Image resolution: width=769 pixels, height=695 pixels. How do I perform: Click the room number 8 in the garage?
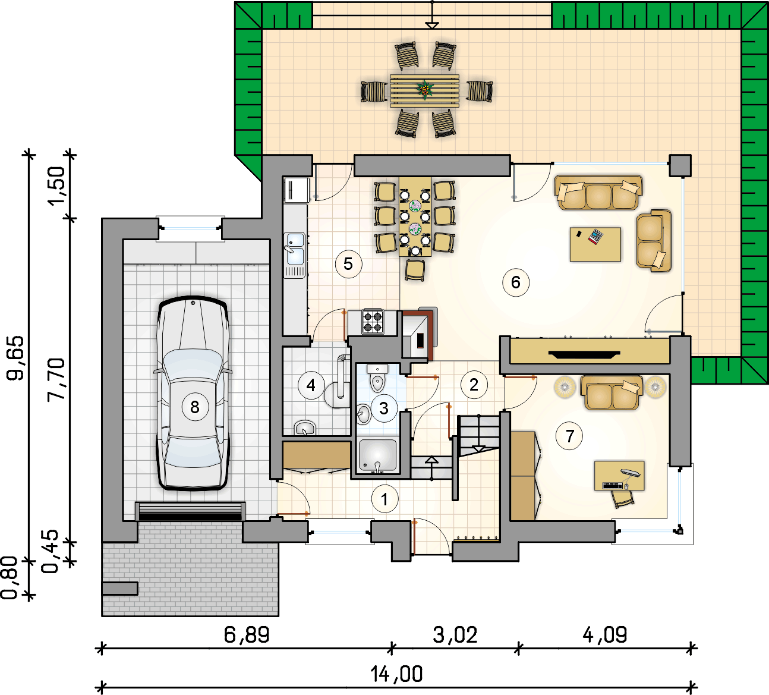195,407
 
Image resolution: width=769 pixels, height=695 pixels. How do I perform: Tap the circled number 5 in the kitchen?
348,264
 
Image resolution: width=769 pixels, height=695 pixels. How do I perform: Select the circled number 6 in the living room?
516,282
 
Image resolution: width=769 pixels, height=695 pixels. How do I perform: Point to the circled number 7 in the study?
570,436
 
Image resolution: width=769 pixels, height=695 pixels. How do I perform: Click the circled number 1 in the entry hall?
384,499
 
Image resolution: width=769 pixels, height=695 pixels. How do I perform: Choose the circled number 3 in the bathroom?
384,408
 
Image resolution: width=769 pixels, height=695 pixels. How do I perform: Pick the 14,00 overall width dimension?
397,674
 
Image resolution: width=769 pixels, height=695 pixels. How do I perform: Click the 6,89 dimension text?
247,634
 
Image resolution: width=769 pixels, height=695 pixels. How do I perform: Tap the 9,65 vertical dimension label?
15,358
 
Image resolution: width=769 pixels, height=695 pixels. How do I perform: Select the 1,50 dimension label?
56,186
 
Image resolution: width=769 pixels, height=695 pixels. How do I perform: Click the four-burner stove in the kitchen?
373,322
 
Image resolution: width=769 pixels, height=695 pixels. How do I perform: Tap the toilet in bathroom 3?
377,378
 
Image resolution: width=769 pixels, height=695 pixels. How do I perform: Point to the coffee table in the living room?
595,244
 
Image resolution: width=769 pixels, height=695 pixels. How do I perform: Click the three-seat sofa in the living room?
598,193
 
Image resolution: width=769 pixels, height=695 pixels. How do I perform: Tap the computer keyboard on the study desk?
613,486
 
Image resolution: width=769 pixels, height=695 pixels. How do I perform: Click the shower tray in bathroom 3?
377,456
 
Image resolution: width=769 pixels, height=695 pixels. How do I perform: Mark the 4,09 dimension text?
604,634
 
